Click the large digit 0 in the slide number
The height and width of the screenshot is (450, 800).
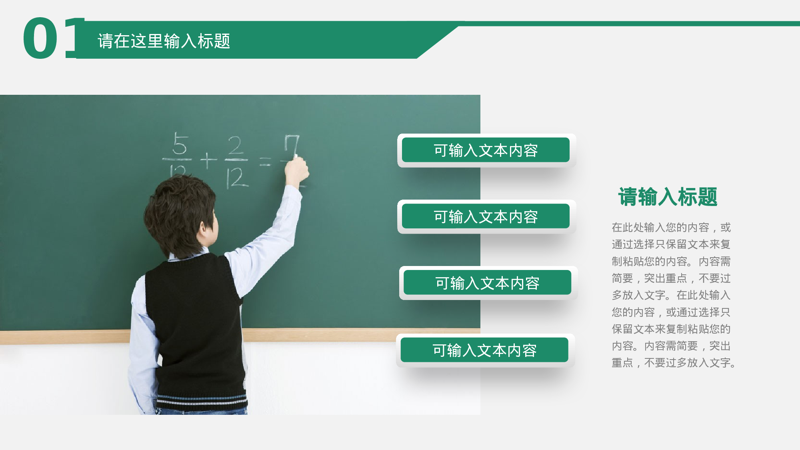click(40, 39)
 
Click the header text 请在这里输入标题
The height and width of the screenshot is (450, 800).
click(164, 41)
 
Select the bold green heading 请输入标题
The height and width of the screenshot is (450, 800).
click(668, 197)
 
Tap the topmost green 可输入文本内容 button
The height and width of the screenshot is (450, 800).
click(486, 150)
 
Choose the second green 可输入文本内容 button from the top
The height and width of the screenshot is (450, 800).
click(486, 216)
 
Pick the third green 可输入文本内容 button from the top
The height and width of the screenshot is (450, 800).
click(487, 283)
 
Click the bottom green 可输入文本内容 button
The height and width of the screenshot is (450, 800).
click(484, 350)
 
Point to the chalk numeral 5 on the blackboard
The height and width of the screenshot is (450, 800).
click(180, 144)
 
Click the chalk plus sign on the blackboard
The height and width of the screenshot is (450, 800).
click(208, 161)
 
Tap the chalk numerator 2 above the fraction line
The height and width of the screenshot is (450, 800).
click(236, 146)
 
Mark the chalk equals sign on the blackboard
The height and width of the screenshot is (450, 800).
click(265, 162)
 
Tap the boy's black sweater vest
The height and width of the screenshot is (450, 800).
click(196, 320)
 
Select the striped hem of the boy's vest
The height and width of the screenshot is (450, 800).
click(202, 400)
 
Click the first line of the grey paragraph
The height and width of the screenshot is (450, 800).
click(671, 228)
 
